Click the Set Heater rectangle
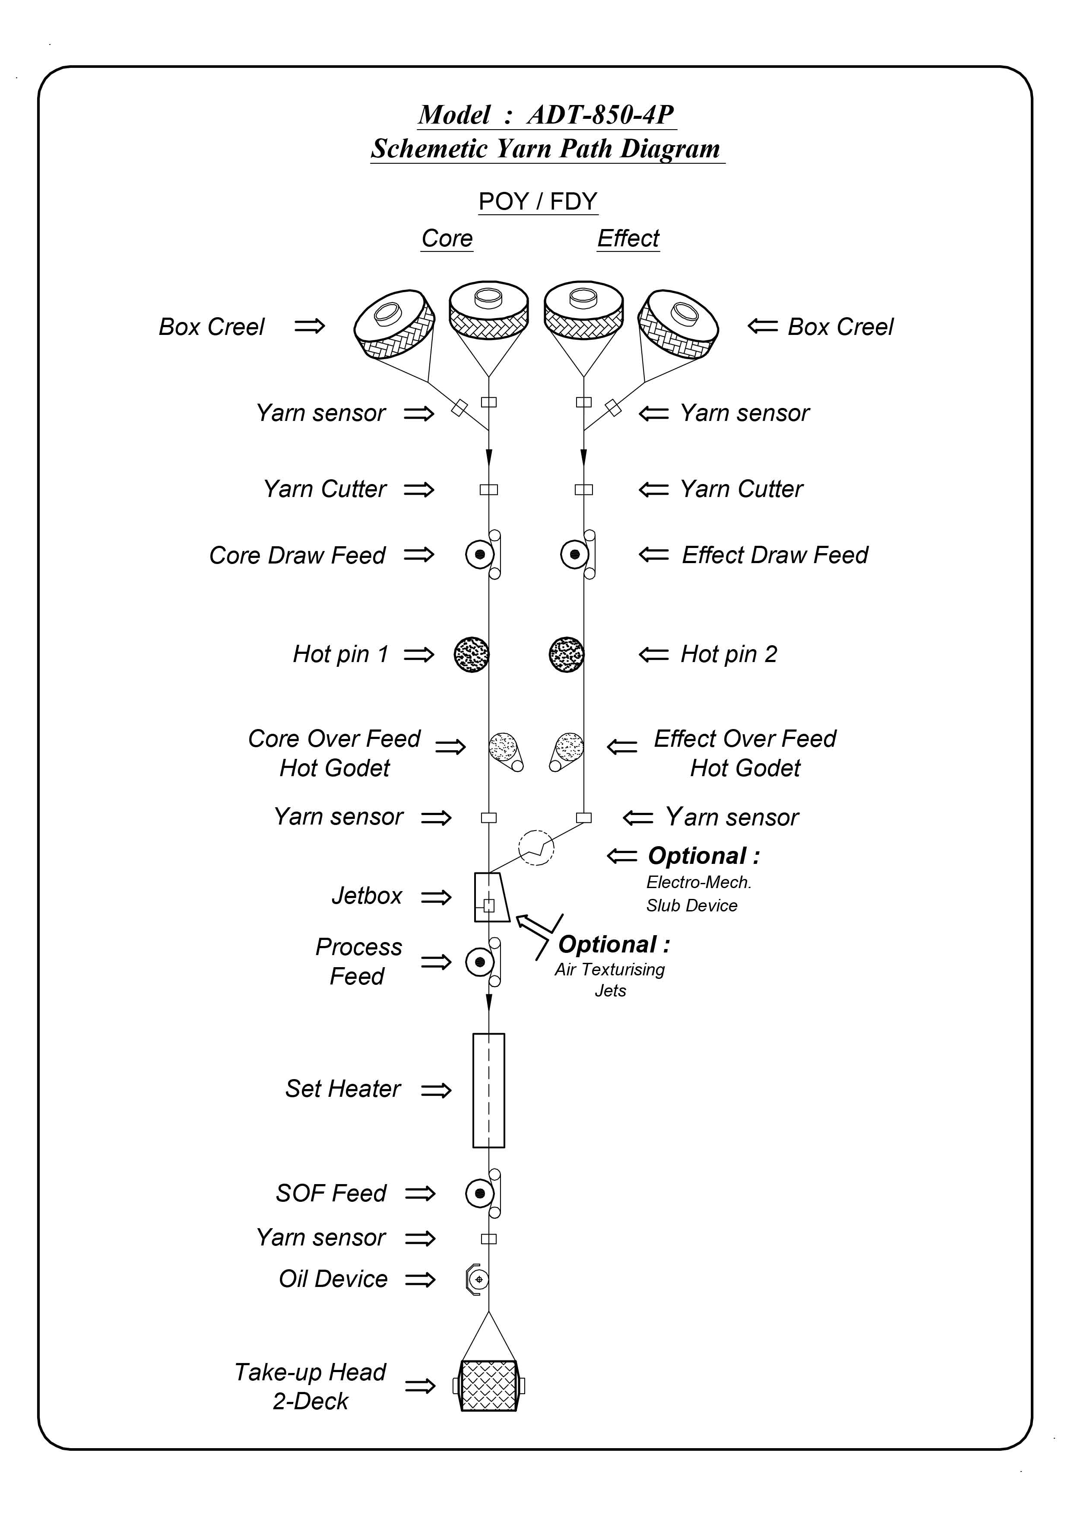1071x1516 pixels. pyautogui.click(x=488, y=1090)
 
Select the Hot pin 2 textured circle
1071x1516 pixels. pyautogui.click(x=566, y=654)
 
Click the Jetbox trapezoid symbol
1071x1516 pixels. pyautogui.click(x=491, y=897)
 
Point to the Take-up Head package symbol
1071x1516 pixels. pyautogui.click(x=488, y=1385)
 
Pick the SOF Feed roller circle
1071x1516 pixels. pyautogui.click(x=480, y=1193)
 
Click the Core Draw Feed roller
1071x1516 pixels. pyautogui.click(x=480, y=554)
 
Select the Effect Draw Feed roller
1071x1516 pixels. pyautogui.click(x=575, y=554)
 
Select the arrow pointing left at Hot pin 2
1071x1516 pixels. pyautogui.click(x=653, y=654)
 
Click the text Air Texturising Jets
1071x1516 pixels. pyautogui.click(x=610, y=980)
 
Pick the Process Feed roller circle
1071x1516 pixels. pyautogui.click(x=480, y=962)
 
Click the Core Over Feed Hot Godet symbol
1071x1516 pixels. pyautogui.click(x=505, y=752)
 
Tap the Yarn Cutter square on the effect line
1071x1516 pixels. pyautogui.click(x=583, y=489)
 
